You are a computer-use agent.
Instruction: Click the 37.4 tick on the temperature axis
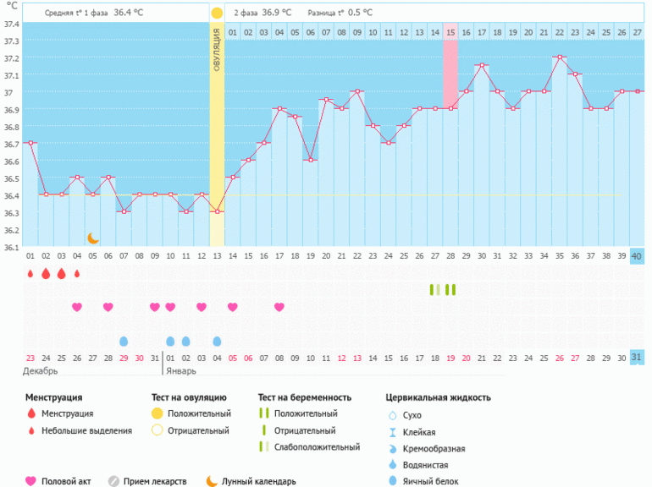tap(11, 24)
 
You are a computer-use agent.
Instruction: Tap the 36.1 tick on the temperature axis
tap(11, 248)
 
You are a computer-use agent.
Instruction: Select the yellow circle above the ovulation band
tap(217, 14)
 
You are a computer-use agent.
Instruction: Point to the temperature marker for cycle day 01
tap(30, 143)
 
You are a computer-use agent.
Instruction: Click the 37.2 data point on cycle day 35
tap(559, 57)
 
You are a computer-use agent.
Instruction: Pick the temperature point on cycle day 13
tap(217, 211)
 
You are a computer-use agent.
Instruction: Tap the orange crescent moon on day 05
tap(93, 239)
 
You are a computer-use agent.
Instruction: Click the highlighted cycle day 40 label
tap(637, 256)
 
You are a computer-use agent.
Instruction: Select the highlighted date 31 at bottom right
tap(637, 358)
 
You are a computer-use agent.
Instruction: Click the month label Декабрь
tap(41, 371)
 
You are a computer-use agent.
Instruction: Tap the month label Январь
tap(180, 371)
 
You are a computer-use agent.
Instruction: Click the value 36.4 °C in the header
tap(129, 13)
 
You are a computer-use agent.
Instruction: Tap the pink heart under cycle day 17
tap(279, 307)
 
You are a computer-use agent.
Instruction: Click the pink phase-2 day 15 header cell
tap(450, 32)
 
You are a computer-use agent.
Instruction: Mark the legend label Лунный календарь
tap(259, 481)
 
